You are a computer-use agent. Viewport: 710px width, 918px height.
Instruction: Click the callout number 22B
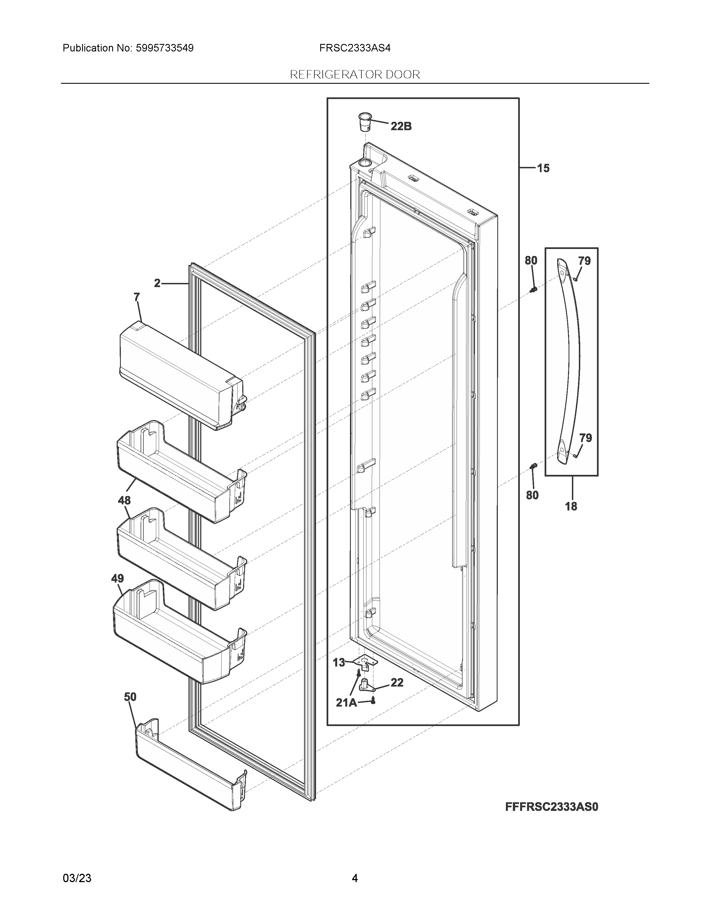[401, 126]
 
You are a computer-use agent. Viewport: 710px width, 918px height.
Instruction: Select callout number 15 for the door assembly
[543, 169]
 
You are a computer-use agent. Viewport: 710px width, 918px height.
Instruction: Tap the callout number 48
[124, 500]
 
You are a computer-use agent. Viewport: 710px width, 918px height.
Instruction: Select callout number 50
[130, 697]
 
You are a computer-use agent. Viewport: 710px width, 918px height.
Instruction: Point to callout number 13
[339, 662]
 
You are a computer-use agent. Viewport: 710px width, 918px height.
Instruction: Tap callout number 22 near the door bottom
[397, 683]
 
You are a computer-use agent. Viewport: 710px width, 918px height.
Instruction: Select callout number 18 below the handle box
[571, 507]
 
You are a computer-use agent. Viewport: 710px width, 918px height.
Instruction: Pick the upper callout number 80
[531, 261]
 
